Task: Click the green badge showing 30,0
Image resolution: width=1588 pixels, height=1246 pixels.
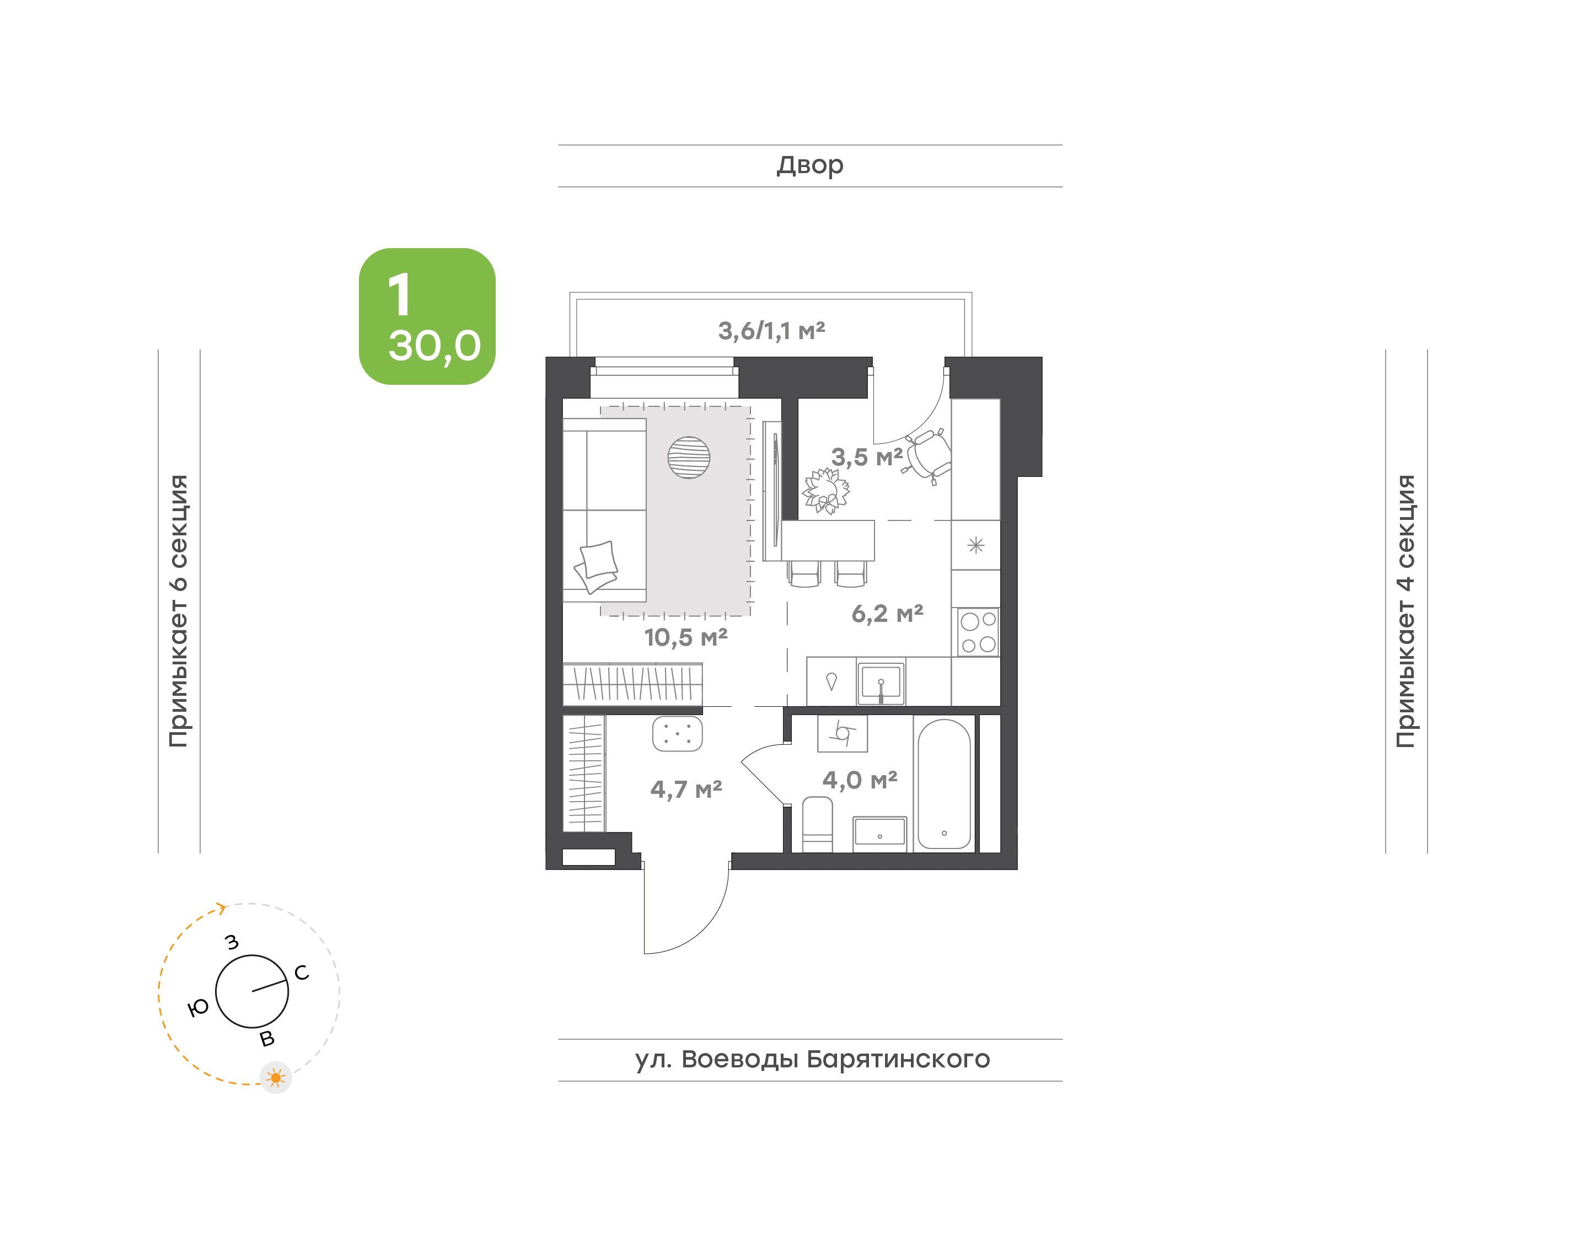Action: coord(427,316)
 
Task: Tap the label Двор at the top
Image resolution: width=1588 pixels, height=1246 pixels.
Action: coord(809,165)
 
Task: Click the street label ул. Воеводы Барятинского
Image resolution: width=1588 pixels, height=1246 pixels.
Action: coord(812,1059)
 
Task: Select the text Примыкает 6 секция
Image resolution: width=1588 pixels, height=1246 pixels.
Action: coord(179,611)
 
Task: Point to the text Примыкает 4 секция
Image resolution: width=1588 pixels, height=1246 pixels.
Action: coord(1405,611)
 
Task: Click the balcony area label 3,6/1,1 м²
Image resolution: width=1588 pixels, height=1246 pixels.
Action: coord(772,331)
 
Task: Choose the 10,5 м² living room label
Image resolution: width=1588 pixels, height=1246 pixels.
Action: coord(686,637)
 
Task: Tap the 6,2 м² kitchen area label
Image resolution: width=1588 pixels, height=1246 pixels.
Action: coord(887,614)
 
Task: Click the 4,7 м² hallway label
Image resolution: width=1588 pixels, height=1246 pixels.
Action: coord(686,790)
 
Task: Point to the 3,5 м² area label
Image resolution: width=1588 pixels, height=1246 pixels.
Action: coord(867,458)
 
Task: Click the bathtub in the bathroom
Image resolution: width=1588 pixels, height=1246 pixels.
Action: coord(944,784)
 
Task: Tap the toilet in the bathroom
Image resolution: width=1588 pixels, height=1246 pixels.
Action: coord(817,824)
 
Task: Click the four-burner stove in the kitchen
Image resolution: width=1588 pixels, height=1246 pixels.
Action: coord(978,632)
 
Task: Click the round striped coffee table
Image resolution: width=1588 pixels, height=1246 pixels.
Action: coord(689,458)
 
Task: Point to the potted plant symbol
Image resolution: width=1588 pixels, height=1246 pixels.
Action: coord(826,491)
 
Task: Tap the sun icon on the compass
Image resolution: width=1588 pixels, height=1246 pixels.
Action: coord(276,1077)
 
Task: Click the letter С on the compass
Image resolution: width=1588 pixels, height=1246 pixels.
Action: coord(301,973)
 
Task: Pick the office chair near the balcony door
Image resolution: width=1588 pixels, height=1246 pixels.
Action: coord(927,456)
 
